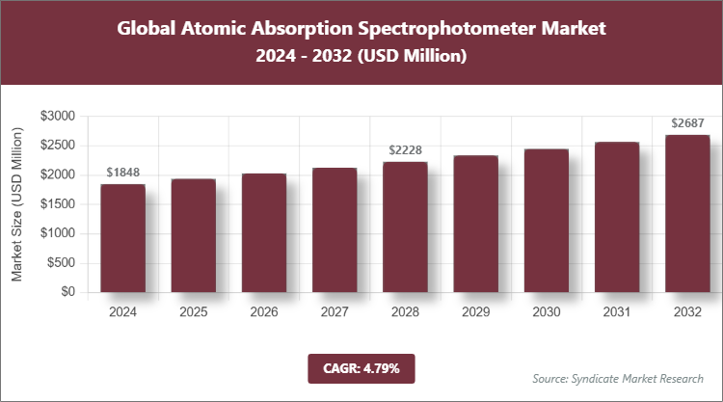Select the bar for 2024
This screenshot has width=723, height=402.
tap(122, 238)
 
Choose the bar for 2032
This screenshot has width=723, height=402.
tap(686, 214)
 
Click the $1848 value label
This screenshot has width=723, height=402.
tap(122, 173)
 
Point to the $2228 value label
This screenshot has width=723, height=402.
tap(405, 150)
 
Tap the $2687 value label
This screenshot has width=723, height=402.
tap(686, 123)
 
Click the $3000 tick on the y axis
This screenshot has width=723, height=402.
tap(58, 116)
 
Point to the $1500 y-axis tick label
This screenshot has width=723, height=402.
tap(58, 204)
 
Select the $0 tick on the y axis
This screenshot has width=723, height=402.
tap(67, 292)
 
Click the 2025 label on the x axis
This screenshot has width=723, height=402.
tap(193, 312)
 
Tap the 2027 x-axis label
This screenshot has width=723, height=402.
tap(334, 312)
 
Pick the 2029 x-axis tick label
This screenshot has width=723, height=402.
tap(475, 312)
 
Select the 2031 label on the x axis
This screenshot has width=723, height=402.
tap(616, 312)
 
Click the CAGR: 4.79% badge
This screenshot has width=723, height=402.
tap(361, 368)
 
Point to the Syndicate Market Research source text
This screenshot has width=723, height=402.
tap(618, 378)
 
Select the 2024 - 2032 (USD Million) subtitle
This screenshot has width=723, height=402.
tap(361, 57)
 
